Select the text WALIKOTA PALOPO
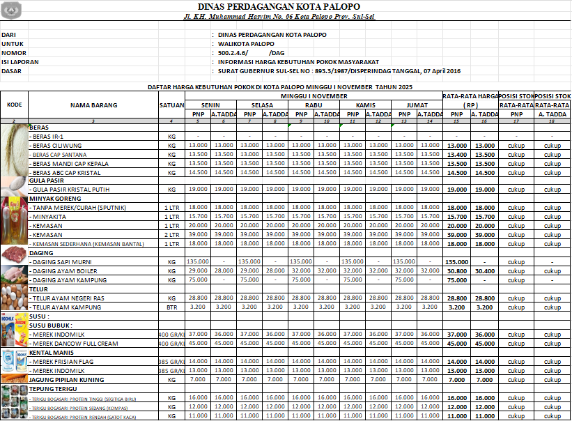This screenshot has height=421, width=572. pos(246,43)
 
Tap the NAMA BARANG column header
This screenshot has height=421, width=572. pos(93,105)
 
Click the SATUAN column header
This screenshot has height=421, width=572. pos(171,105)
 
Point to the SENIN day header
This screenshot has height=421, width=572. pos(210,105)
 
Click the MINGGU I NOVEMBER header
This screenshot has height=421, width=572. pos(314,95)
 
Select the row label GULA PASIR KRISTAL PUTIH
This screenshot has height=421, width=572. pos(70,189)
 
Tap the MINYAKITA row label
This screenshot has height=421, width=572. pos(49,216)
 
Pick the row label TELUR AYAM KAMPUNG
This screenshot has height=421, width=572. pos(68,307)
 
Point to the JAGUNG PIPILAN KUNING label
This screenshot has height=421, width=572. pos(67,380)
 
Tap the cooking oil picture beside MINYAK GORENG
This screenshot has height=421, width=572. pos(14,220)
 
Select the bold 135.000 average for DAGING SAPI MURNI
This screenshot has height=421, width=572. pos(456,261)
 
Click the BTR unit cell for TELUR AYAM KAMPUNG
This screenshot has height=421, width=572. pos(171,307)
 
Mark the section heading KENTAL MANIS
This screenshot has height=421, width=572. pos(50,352)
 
